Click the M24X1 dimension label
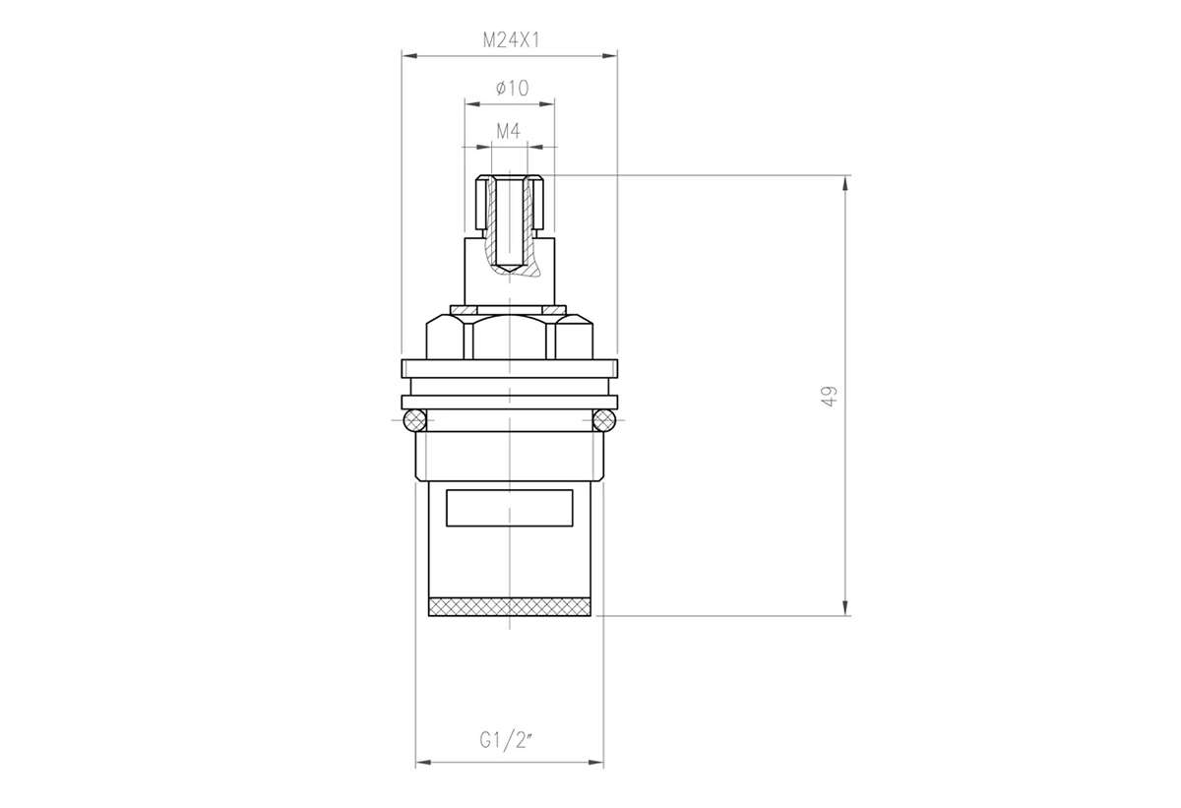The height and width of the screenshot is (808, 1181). click(x=512, y=40)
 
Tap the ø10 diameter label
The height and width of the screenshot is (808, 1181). click(x=512, y=88)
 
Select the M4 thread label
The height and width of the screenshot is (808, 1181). click(x=508, y=131)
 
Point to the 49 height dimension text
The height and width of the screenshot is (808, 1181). click(x=830, y=396)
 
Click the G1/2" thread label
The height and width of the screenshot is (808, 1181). click(x=506, y=740)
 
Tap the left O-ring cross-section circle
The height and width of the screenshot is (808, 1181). click(x=414, y=420)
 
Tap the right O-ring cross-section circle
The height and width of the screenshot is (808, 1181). click(x=604, y=420)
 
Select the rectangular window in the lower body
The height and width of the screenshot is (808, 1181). click(x=510, y=508)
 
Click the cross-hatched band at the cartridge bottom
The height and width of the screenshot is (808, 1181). click(x=510, y=606)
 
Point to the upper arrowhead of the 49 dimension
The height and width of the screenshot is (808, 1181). click(x=845, y=183)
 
